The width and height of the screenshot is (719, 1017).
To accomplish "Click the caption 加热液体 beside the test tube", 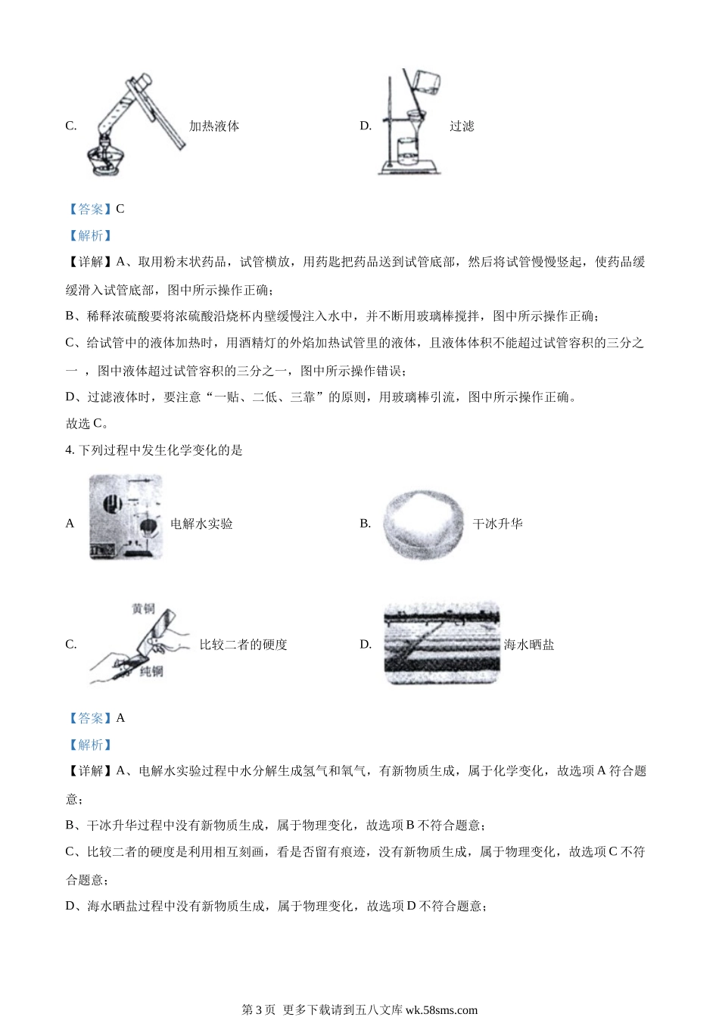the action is point(214,126).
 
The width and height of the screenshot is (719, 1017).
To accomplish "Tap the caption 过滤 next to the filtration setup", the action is point(462,126).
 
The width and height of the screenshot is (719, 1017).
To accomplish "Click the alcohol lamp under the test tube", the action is point(107,158).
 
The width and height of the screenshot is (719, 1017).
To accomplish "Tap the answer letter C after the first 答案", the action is point(120,209).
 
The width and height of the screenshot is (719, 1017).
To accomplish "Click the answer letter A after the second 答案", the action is point(120,718).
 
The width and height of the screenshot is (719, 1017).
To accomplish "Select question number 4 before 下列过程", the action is point(70,450).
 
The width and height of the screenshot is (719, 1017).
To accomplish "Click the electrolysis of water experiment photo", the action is point(126,517).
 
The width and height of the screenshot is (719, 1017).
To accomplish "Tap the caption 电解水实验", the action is point(201,524).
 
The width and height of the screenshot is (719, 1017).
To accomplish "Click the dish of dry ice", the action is point(423,524).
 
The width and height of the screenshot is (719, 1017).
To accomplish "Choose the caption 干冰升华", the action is point(498,524).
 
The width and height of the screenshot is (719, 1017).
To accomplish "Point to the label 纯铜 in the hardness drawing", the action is point(151,671).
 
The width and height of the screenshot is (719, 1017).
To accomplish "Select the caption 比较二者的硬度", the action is point(244,644).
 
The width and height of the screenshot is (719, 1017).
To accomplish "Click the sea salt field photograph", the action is point(442,643).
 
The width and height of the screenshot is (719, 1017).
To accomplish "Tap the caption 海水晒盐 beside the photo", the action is point(529,644).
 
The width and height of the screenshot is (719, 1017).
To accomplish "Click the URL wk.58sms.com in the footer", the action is point(441,1009).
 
